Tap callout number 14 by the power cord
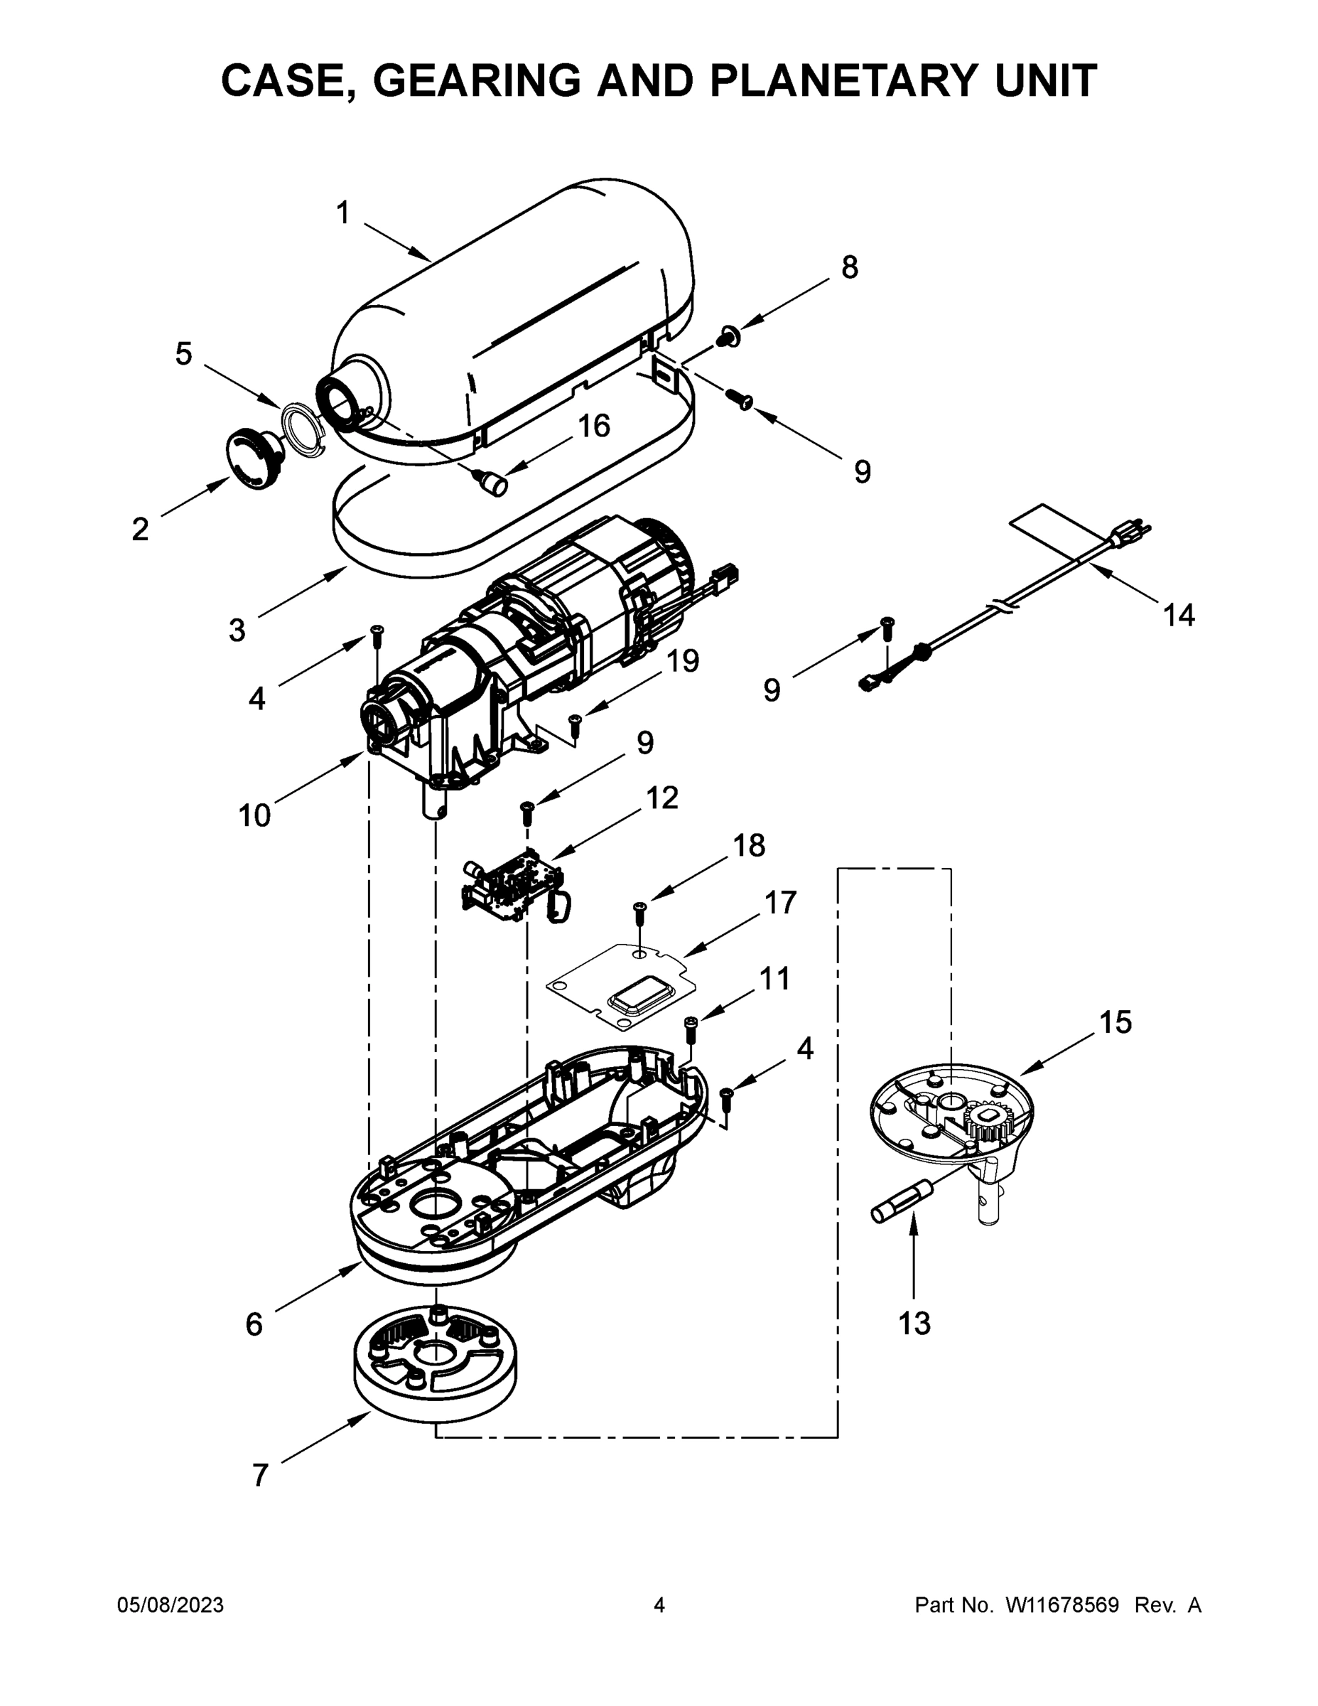pos(1178,616)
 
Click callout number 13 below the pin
pos(914,1324)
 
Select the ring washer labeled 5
pos(303,429)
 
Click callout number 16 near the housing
pos(593,426)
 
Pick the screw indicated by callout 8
pos(730,338)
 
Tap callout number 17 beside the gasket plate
pos(780,903)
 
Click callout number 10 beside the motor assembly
pos(254,815)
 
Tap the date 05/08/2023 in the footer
pos(171,1605)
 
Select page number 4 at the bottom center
pos(659,1605)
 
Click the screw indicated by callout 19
pos(576,724)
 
